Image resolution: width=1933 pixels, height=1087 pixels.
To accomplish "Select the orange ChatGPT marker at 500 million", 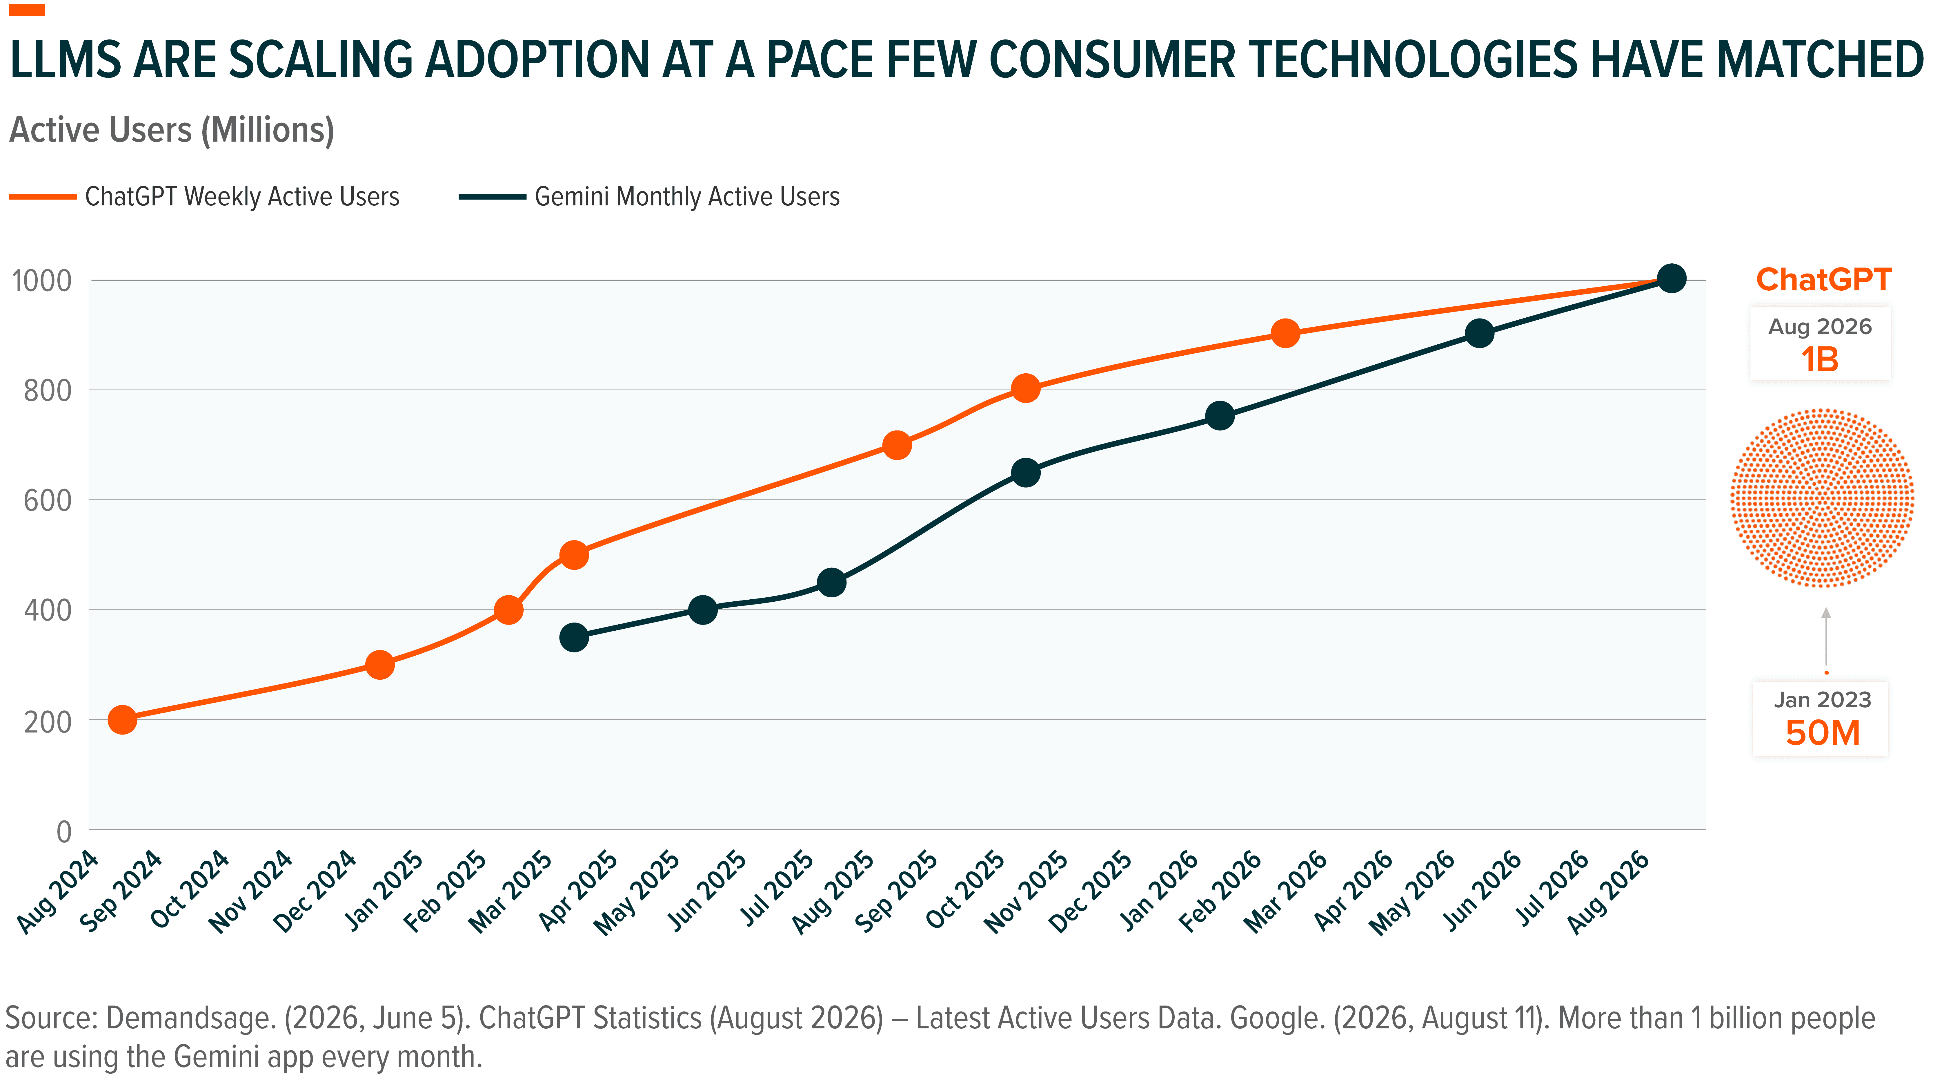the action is (x=574, y=556).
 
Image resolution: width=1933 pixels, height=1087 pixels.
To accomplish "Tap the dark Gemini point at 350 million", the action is (x=574, y=637).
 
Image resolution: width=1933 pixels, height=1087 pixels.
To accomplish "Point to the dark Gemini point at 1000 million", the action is (x=1671, y=278).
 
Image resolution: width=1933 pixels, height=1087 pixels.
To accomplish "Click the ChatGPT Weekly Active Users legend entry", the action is (x=204, y=197).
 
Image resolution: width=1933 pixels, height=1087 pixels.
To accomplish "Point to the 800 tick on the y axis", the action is (x=48, y=390).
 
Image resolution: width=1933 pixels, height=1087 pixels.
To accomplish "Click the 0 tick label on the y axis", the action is (x=65, y=831).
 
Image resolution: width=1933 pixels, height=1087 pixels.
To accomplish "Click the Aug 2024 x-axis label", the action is (x=58, y=892).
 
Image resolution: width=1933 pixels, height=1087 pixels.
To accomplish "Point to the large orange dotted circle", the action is (x=1823, y=498).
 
